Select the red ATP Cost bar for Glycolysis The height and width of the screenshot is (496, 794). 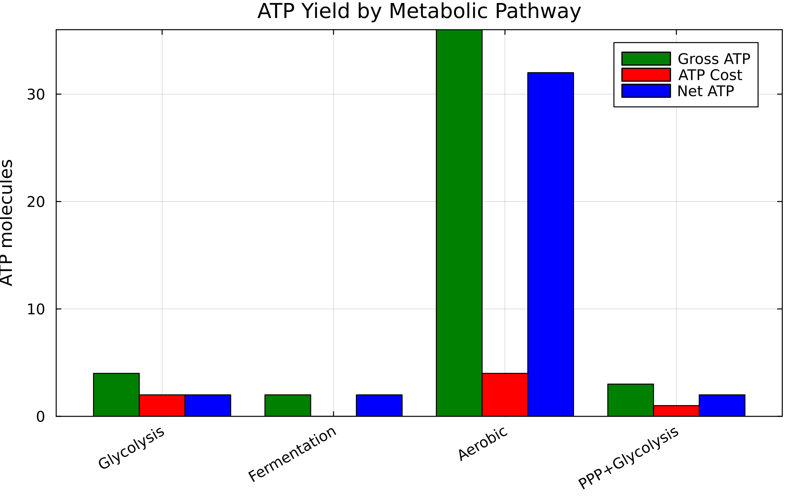click(162, 405)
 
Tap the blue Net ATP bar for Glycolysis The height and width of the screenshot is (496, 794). click(208, 405)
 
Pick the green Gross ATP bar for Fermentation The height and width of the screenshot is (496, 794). click(287, 405)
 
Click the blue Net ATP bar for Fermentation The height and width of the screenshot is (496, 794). click(379, 405)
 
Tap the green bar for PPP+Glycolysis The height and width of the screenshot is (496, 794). click(631, 400)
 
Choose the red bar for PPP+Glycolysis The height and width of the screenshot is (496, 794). click(676, 411)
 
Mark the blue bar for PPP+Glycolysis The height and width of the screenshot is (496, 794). click(722, 405)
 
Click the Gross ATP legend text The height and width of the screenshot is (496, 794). click(714, 59)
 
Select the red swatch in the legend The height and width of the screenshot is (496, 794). click(646, 75)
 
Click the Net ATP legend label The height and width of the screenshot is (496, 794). click(705, 91)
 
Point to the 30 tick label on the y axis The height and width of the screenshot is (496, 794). click(35, 95)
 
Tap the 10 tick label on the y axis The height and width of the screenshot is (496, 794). click(35, 310)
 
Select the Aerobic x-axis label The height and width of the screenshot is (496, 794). click(483, 443)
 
